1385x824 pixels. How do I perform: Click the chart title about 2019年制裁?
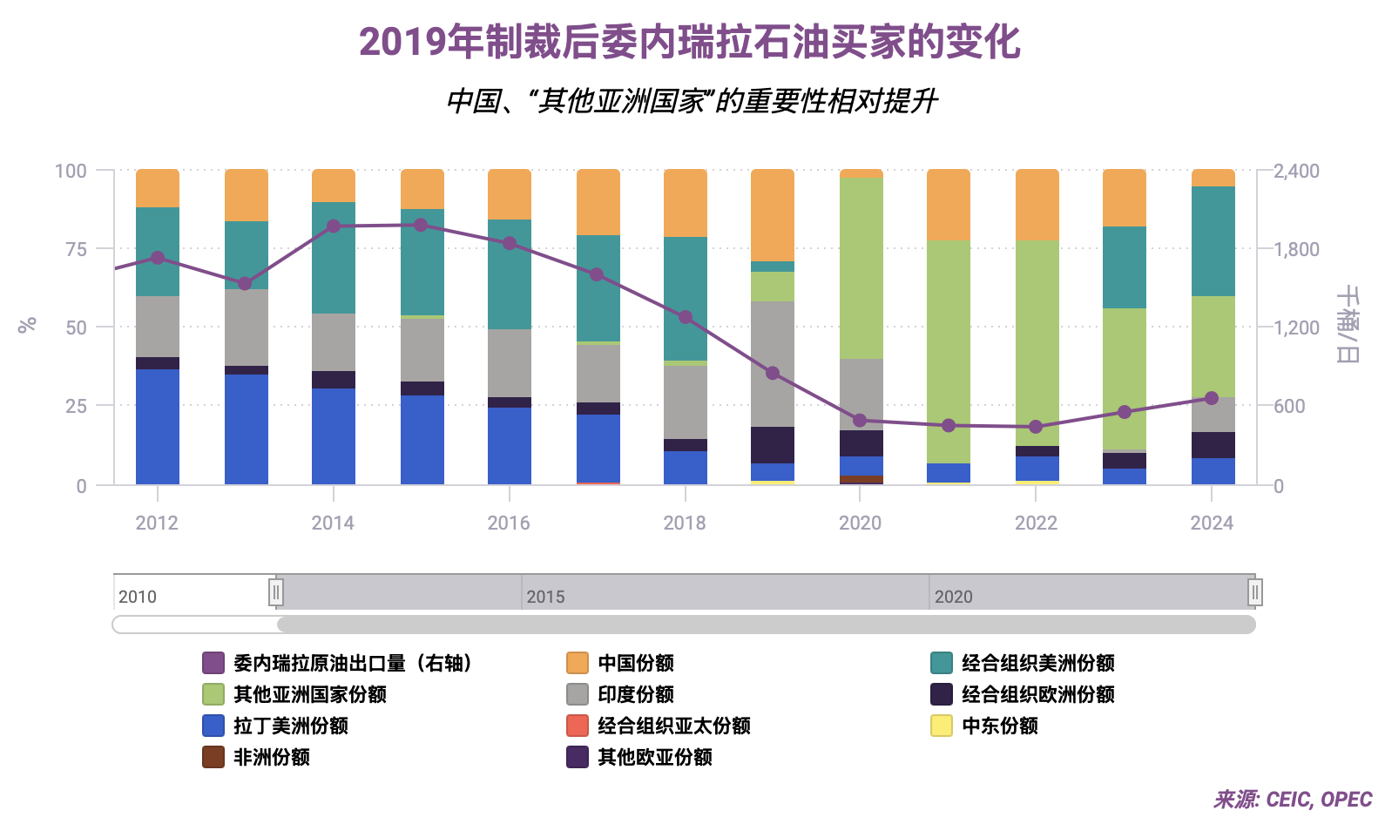coord(689,42)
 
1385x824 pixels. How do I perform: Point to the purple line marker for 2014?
coord(334,226)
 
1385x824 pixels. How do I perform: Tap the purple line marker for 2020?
coord(861,421)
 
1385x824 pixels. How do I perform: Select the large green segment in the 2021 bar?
coord(949,351)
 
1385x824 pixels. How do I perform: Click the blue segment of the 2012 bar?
coord(158,426)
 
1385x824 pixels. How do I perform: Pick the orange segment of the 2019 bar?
coord(773,214)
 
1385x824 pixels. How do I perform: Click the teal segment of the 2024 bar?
coord(1213,241)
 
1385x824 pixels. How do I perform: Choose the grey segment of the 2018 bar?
coord(686,402)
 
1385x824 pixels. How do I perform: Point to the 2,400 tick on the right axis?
coord(1296,171)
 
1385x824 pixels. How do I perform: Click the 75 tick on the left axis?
coord(77,249)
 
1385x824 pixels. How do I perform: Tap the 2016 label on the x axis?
coord(509,523)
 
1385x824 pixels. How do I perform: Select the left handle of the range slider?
coord(275,593)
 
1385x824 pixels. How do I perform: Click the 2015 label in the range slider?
coord(546,597)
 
